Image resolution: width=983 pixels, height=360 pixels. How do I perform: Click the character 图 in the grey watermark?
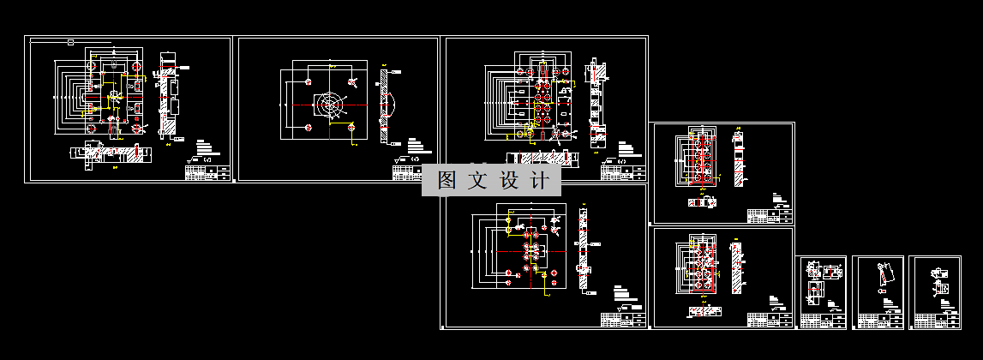click(x=446, y=181)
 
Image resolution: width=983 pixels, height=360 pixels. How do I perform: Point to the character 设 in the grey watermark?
click(x=508, y=181)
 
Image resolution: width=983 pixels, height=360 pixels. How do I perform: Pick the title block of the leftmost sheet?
click(x=209, y=172)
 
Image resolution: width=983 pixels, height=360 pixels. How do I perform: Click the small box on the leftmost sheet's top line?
click(x=70, y=41)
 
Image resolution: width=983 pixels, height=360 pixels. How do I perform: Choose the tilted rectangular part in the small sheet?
click(x=881, y=275)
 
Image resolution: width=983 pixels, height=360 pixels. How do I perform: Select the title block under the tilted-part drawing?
click(x=880, y=321)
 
